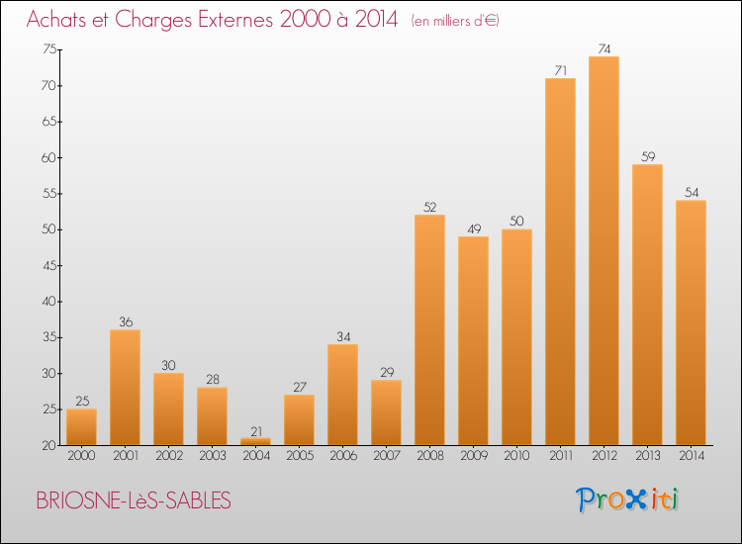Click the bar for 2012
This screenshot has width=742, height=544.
tap(603, 251)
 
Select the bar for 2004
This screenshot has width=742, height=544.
tap(255, 442)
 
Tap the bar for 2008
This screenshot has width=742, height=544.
tap(429, 330)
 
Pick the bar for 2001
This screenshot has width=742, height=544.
tap(125, 388)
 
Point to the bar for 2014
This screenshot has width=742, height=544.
tap(691, 322)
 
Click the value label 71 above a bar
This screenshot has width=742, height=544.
tap(560, 70)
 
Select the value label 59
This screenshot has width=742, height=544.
tap(647, 156)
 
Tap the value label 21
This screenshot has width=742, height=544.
tap(255, 430)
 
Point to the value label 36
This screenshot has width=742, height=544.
tap(125, 321)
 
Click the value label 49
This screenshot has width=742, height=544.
tap(473, 228)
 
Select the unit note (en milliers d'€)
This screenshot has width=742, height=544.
tap(455, 21)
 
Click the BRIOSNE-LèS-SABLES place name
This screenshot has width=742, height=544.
tap(134, 500)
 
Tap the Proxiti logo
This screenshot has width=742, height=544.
tap(627, 499)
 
